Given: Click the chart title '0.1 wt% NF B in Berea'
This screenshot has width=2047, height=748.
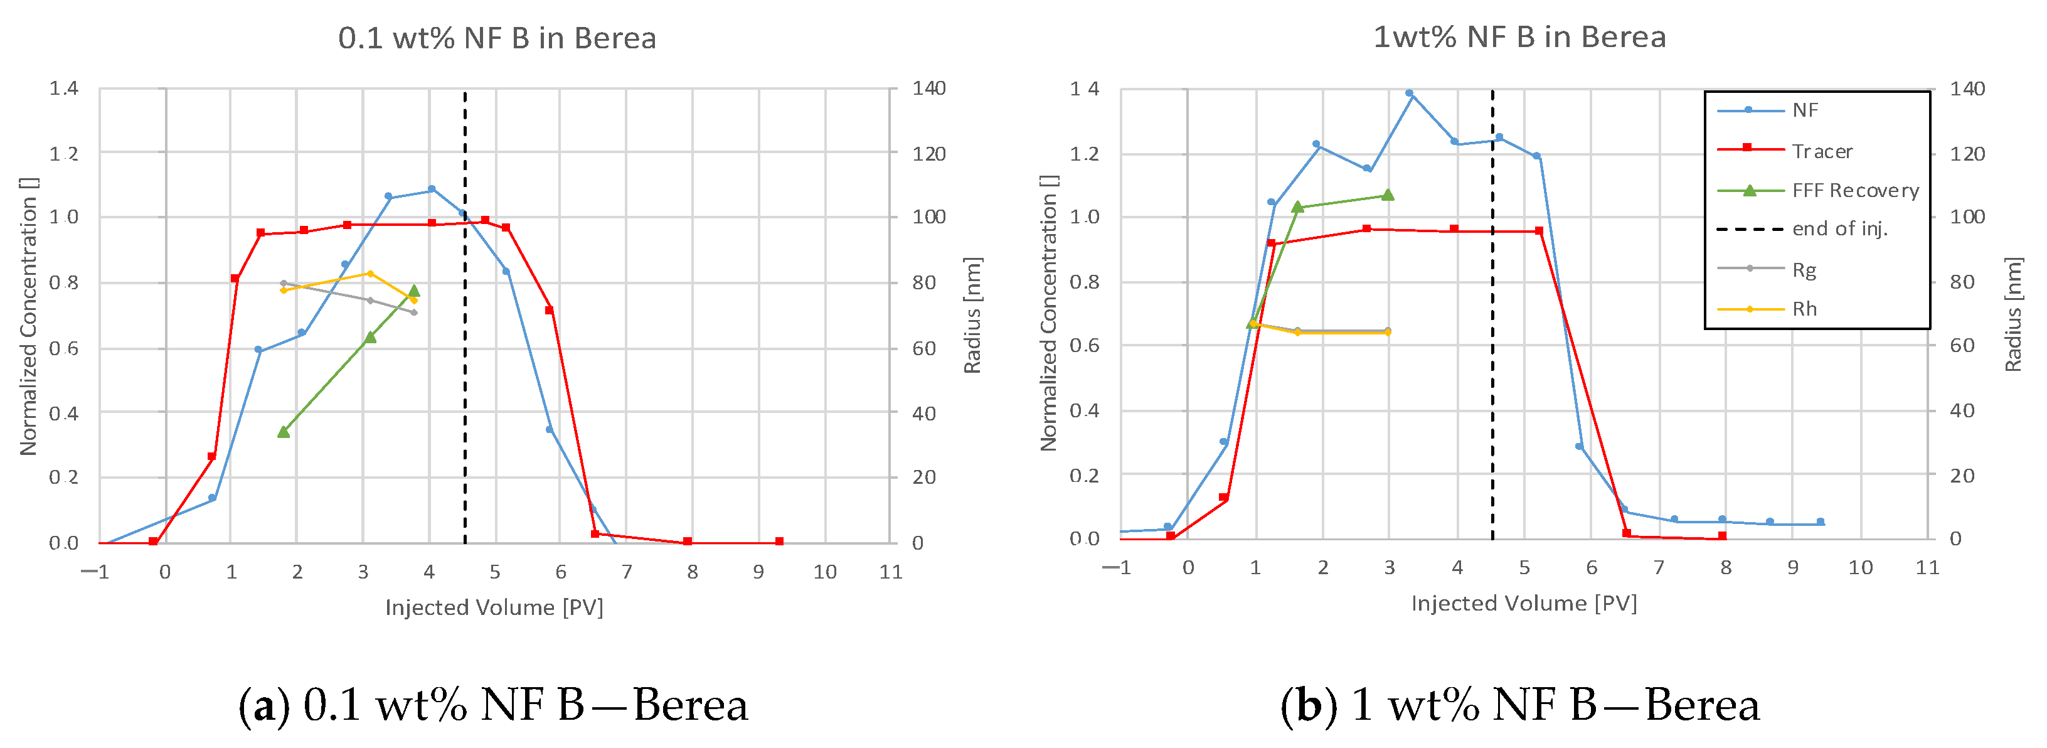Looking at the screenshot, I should point(497,38).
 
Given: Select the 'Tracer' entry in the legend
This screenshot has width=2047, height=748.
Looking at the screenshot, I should point(1821,151).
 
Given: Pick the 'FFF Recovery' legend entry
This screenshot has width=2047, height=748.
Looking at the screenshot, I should point(1854,191).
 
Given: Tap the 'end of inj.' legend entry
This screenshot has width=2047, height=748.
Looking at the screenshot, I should point(1839,229).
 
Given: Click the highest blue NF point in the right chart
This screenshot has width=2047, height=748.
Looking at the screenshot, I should point(1409,93).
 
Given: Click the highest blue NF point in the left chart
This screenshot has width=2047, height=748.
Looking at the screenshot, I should point(432,189).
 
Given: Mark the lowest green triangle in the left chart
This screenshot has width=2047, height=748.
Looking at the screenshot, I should point(284,432).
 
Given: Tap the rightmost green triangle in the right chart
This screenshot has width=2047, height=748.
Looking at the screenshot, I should point(1388,195).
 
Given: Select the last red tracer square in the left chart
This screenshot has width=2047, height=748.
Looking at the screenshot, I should point(779,542).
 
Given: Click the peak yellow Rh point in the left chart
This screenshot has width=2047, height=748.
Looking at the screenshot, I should point(370,274).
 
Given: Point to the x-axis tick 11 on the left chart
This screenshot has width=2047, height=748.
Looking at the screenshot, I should point(891,572).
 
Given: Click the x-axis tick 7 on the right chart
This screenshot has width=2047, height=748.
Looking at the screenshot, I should point(1659,567).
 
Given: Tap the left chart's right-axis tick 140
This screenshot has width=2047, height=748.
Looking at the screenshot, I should point(928,88).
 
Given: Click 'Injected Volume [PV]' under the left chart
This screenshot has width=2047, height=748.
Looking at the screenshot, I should point(494,607).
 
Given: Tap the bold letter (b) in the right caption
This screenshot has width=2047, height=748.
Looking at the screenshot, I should point(1308,705).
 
